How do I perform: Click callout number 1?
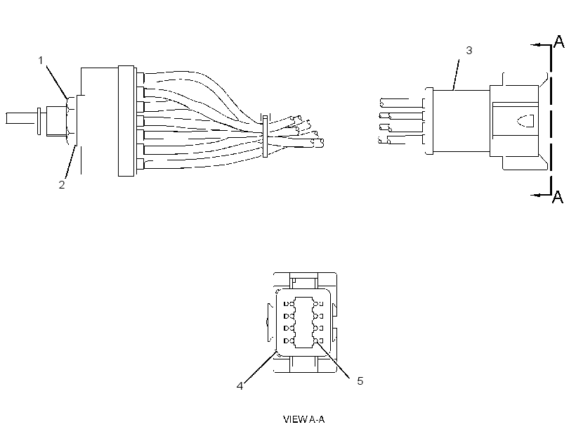(x=41, y=60)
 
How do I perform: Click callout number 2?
(x=62, y=185)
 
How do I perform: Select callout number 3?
(x=469, y=51)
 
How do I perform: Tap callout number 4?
(x=240, y=386)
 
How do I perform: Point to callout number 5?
(x=360, y=381)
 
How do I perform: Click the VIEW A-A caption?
(x=303, y=419)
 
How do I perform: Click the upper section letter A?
(x=558, y=42)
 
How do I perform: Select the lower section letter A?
(x=558, y=196)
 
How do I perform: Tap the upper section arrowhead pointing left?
(x=536, y=45)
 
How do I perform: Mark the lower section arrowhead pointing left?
(x=536, y=195)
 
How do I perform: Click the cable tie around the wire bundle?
(x=266, y=136)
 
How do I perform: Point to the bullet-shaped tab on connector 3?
(x=525, y=121)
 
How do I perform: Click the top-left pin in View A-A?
(x=289, y=304)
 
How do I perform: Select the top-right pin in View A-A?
(x=318, y=304)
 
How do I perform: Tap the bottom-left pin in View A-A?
(x=289, y=340)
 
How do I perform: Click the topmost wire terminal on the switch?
(x=140, y=77)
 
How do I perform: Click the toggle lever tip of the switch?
(x=6, y=118)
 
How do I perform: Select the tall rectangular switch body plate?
(x=126, y=121)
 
